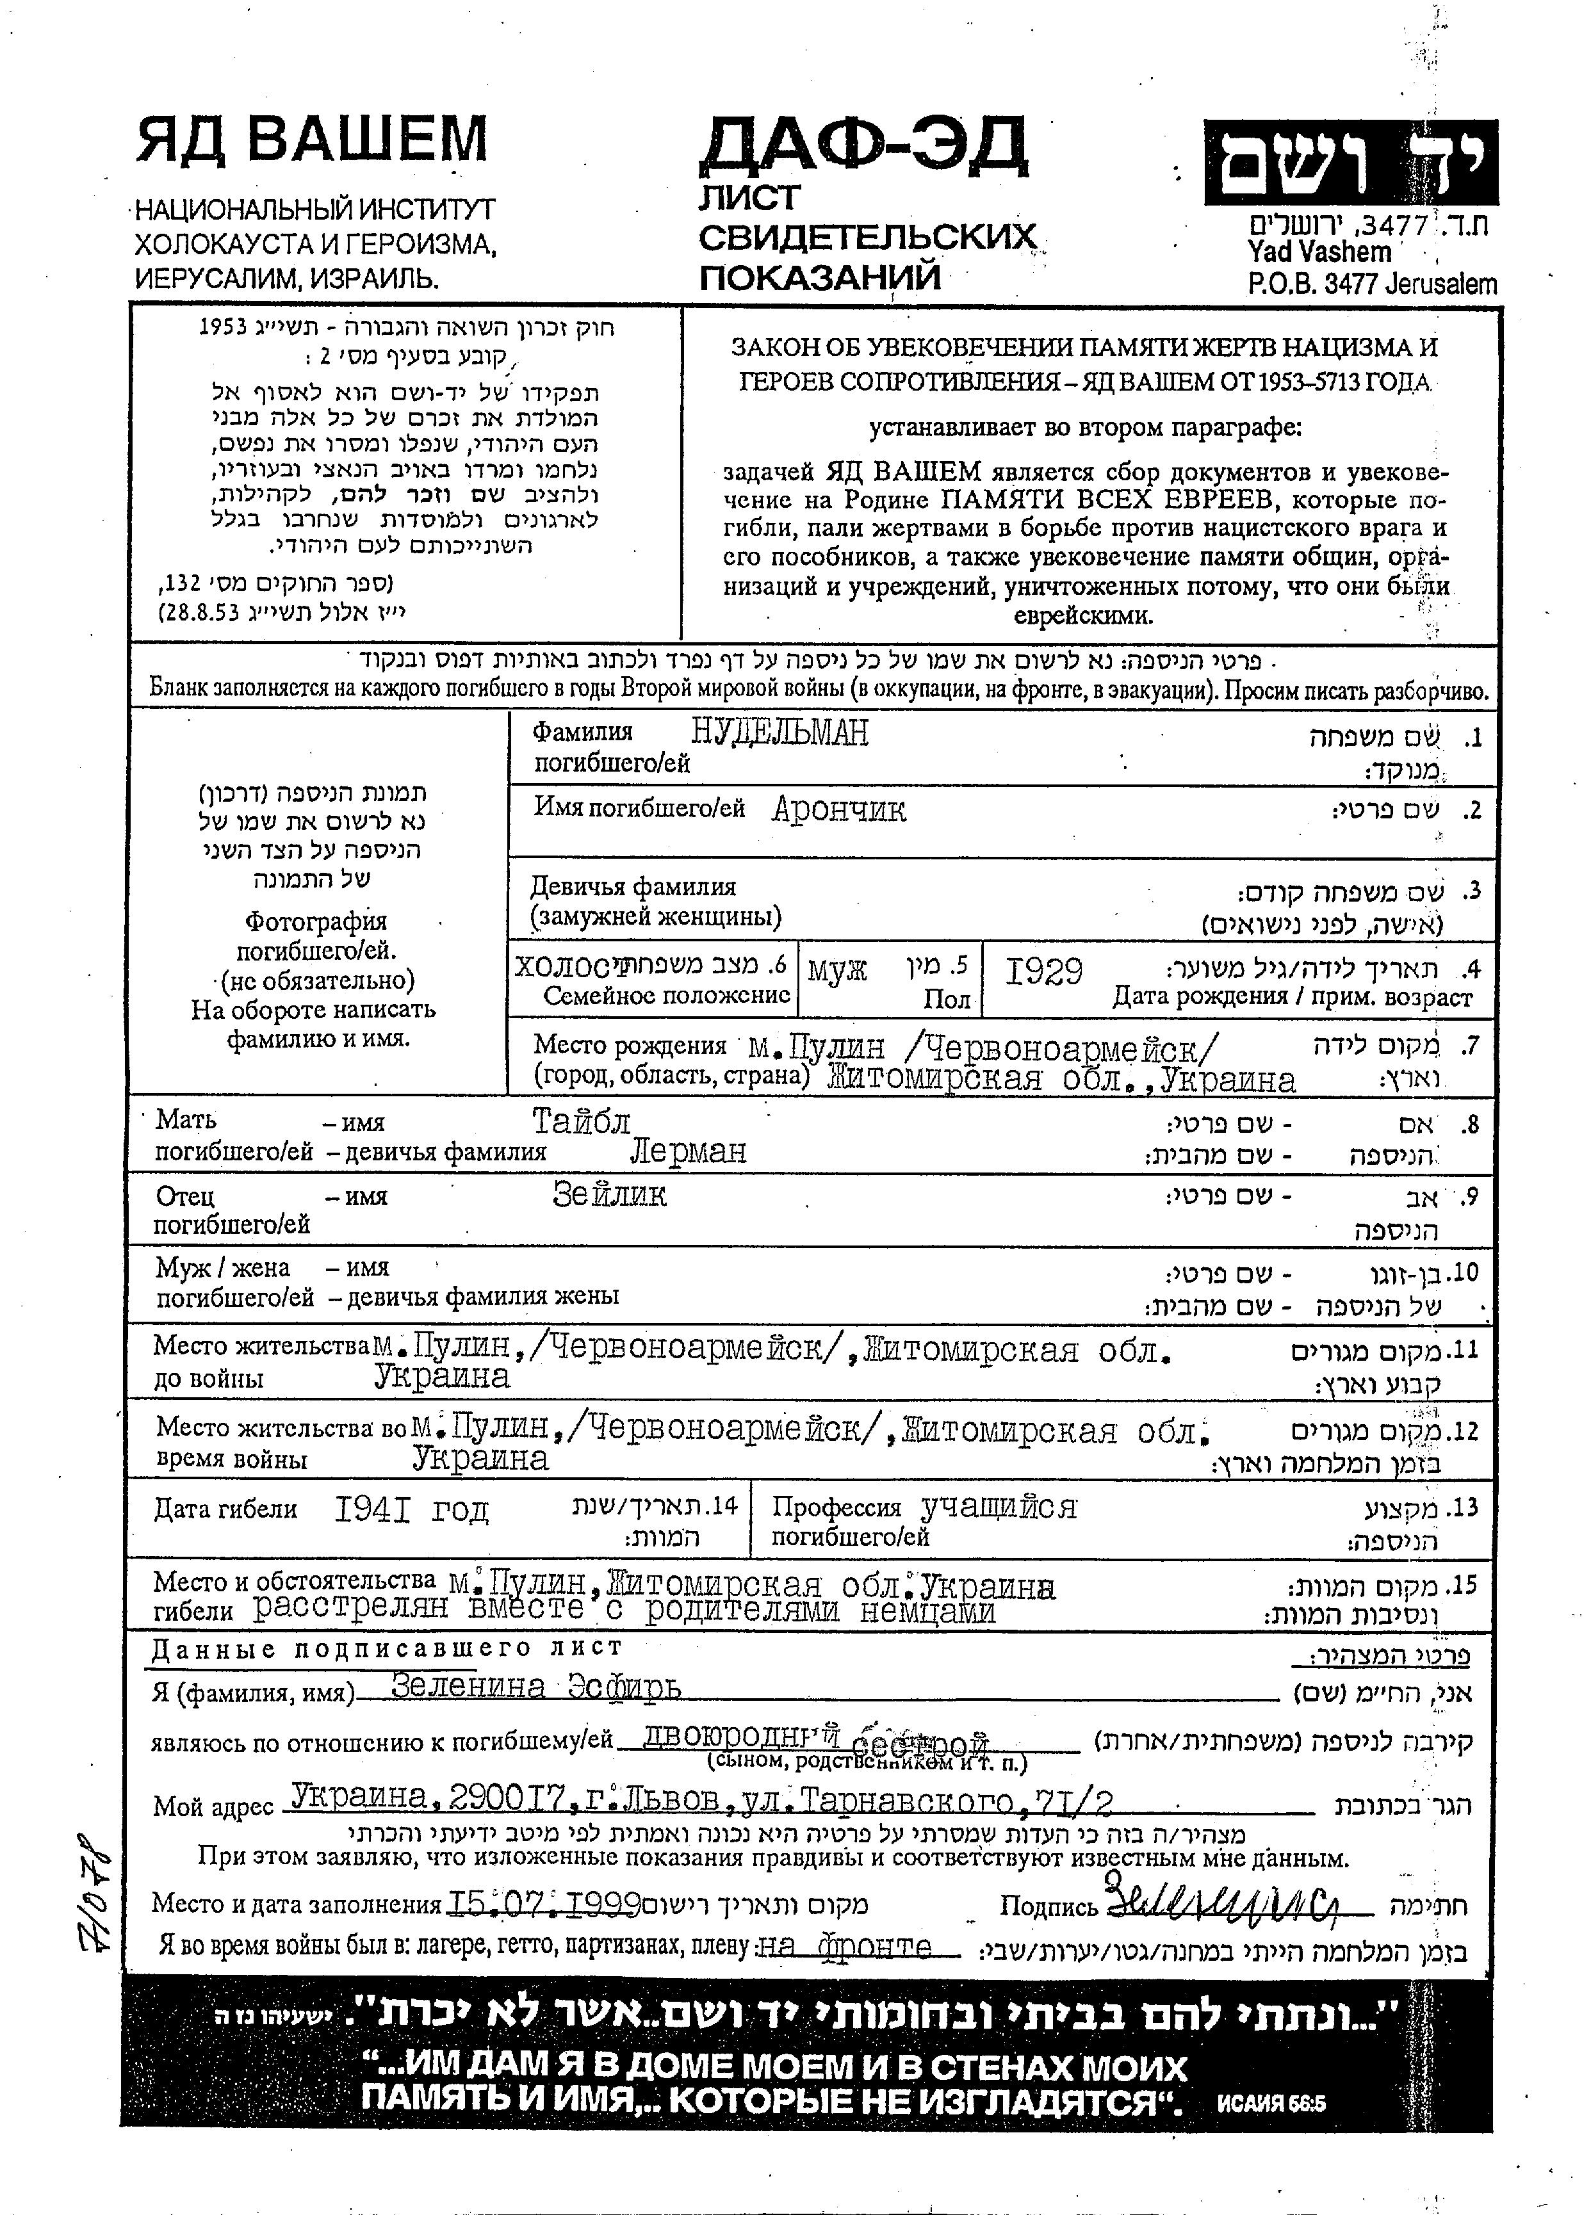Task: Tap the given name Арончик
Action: [839, 809]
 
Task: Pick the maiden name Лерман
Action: [689, 1151]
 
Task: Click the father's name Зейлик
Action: [610, 1194]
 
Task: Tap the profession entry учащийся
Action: [998, 1507]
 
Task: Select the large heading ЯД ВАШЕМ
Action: [311, 139]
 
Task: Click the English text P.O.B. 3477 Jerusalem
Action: [1371, 284]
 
